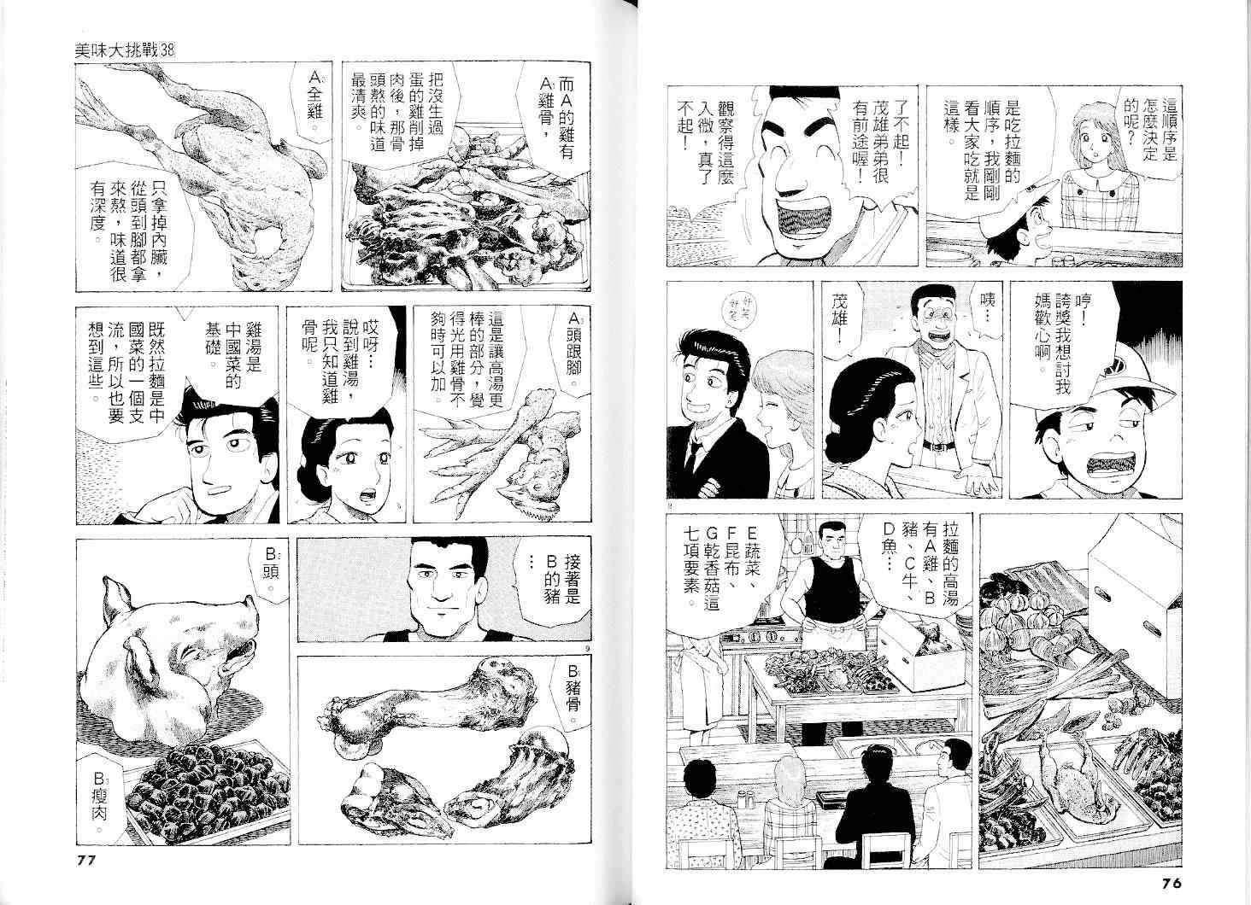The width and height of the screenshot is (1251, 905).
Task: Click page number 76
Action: [x=1166, y=884]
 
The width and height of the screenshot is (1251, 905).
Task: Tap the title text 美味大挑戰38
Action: [x=125, y=51]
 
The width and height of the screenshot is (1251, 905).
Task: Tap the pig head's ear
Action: [x=115, y=597]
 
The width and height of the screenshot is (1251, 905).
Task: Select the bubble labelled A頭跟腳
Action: [x=572, y=345]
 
